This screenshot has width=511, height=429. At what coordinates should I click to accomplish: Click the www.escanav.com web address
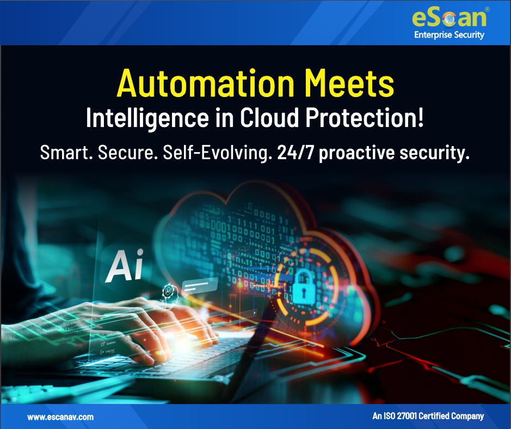(60, 417)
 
